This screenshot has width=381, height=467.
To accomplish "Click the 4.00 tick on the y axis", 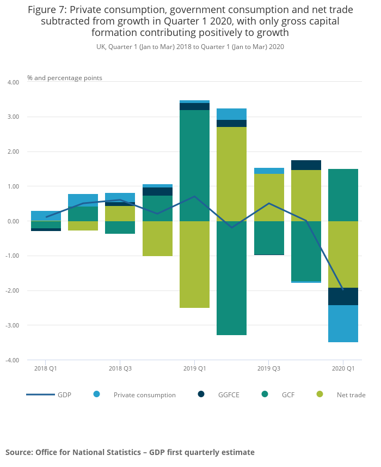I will tap(12, 82).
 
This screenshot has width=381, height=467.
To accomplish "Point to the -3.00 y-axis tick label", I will tap(12, 325).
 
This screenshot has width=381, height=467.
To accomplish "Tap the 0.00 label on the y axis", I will tap(12, 221).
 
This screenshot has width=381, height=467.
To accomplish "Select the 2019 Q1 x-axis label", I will tap(194, 368).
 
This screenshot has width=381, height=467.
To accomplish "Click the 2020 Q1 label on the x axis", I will tap(343, 368).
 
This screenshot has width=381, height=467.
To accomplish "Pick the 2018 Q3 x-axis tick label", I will tap(120, 368).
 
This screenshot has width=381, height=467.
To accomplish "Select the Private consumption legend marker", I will tap(97, 394).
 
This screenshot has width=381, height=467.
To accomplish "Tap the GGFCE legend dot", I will tap(201, 394).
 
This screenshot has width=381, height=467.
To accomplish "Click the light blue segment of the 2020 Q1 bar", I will tap(343, 324).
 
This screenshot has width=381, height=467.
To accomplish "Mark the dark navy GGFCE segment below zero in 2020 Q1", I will tap(343, 296).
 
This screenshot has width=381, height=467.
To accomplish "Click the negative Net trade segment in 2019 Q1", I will tap(194, 264).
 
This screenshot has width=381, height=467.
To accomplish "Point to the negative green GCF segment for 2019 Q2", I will tap(231, 278).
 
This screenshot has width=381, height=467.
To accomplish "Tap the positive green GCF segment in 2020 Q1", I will tap(343, 195).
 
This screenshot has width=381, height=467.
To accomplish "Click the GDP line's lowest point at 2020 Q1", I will tap(343, 289).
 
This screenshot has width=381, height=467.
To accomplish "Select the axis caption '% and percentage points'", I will tap(65, 78).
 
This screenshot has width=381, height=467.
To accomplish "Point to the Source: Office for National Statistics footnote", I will tap(130, 452).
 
